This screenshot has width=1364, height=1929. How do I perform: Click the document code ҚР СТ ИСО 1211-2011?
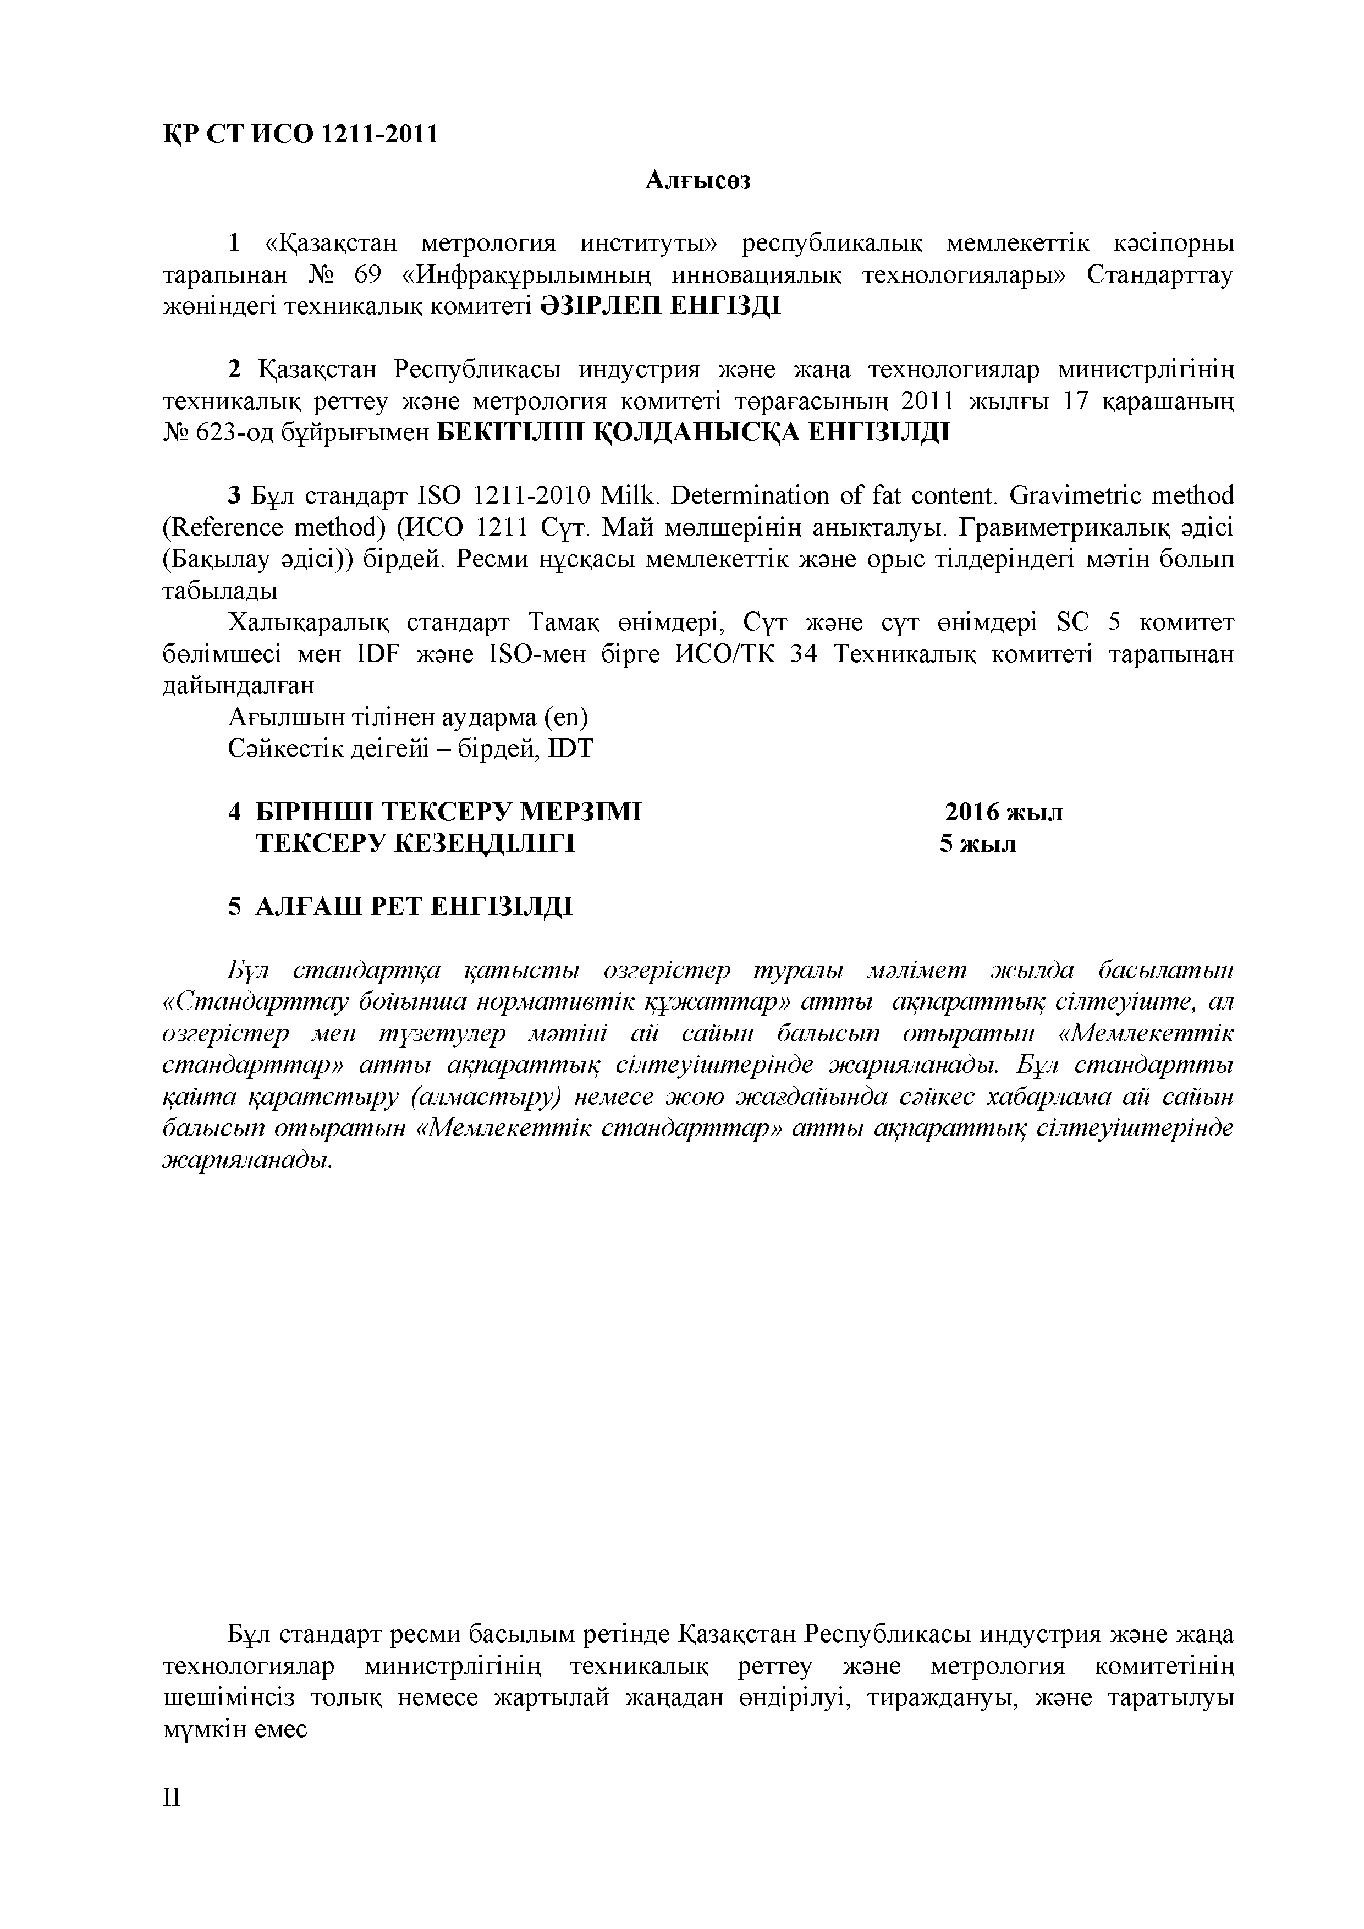(x=300, y=134)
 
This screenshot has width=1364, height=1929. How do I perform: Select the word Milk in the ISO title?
(x=626, y=495)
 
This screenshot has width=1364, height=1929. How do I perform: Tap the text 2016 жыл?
(x=1003, y=812)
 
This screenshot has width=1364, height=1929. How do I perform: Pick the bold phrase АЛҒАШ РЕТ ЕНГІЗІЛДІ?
(x=414, y=907)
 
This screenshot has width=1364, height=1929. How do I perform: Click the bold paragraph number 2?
(x=234, y=370)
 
